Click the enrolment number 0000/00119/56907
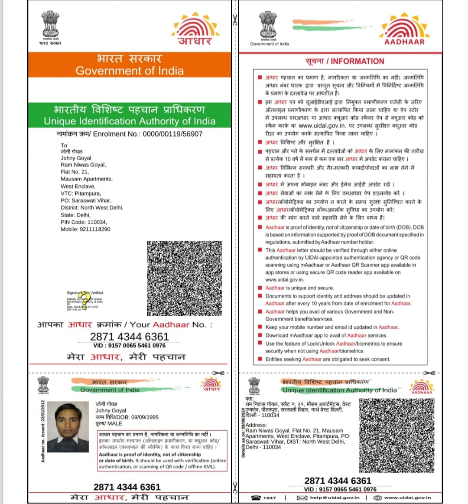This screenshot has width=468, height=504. [172, 134]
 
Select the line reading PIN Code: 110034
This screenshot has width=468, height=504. [84, 222]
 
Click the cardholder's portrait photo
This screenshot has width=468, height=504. [68, 427]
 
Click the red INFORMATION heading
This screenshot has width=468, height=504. [357, 61]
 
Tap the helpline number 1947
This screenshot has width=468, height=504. [270, 497]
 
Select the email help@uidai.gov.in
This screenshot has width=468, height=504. [335, 497]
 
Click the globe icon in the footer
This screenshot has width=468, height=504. [377, 497]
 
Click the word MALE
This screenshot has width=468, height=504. [115, 423]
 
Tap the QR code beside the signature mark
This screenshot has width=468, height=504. [185, 278]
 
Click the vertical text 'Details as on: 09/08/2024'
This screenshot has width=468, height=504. [243, 435]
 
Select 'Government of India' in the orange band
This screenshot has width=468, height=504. [130, 71]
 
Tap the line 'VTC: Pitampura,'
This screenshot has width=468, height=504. [81, 193]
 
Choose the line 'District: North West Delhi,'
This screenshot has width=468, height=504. [92, 208]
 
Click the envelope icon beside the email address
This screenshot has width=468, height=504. [302, 497]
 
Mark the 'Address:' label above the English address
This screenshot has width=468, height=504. [257, 425]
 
